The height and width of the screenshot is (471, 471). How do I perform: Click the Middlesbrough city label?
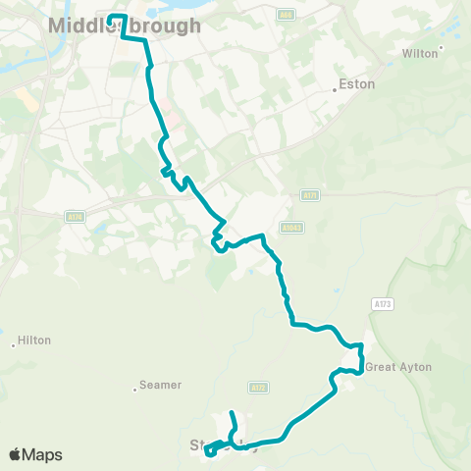coord(124,27)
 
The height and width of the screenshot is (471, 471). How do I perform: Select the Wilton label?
coord(420,54)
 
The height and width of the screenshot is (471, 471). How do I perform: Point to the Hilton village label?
coord(34,340)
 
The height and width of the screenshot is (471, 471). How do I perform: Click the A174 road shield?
coord(75,216)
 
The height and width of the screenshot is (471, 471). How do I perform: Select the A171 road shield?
coord(311,195)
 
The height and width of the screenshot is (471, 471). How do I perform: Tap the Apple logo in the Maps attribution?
coord(15,454)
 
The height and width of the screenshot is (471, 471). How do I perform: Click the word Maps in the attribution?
coord(42,454)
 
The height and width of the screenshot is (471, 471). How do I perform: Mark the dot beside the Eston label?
coord(335,89)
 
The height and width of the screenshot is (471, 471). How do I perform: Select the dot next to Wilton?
coord(442,47)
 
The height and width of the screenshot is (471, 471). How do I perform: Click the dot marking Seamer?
coord(135,390)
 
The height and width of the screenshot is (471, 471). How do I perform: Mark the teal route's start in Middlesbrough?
coord(108,16)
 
